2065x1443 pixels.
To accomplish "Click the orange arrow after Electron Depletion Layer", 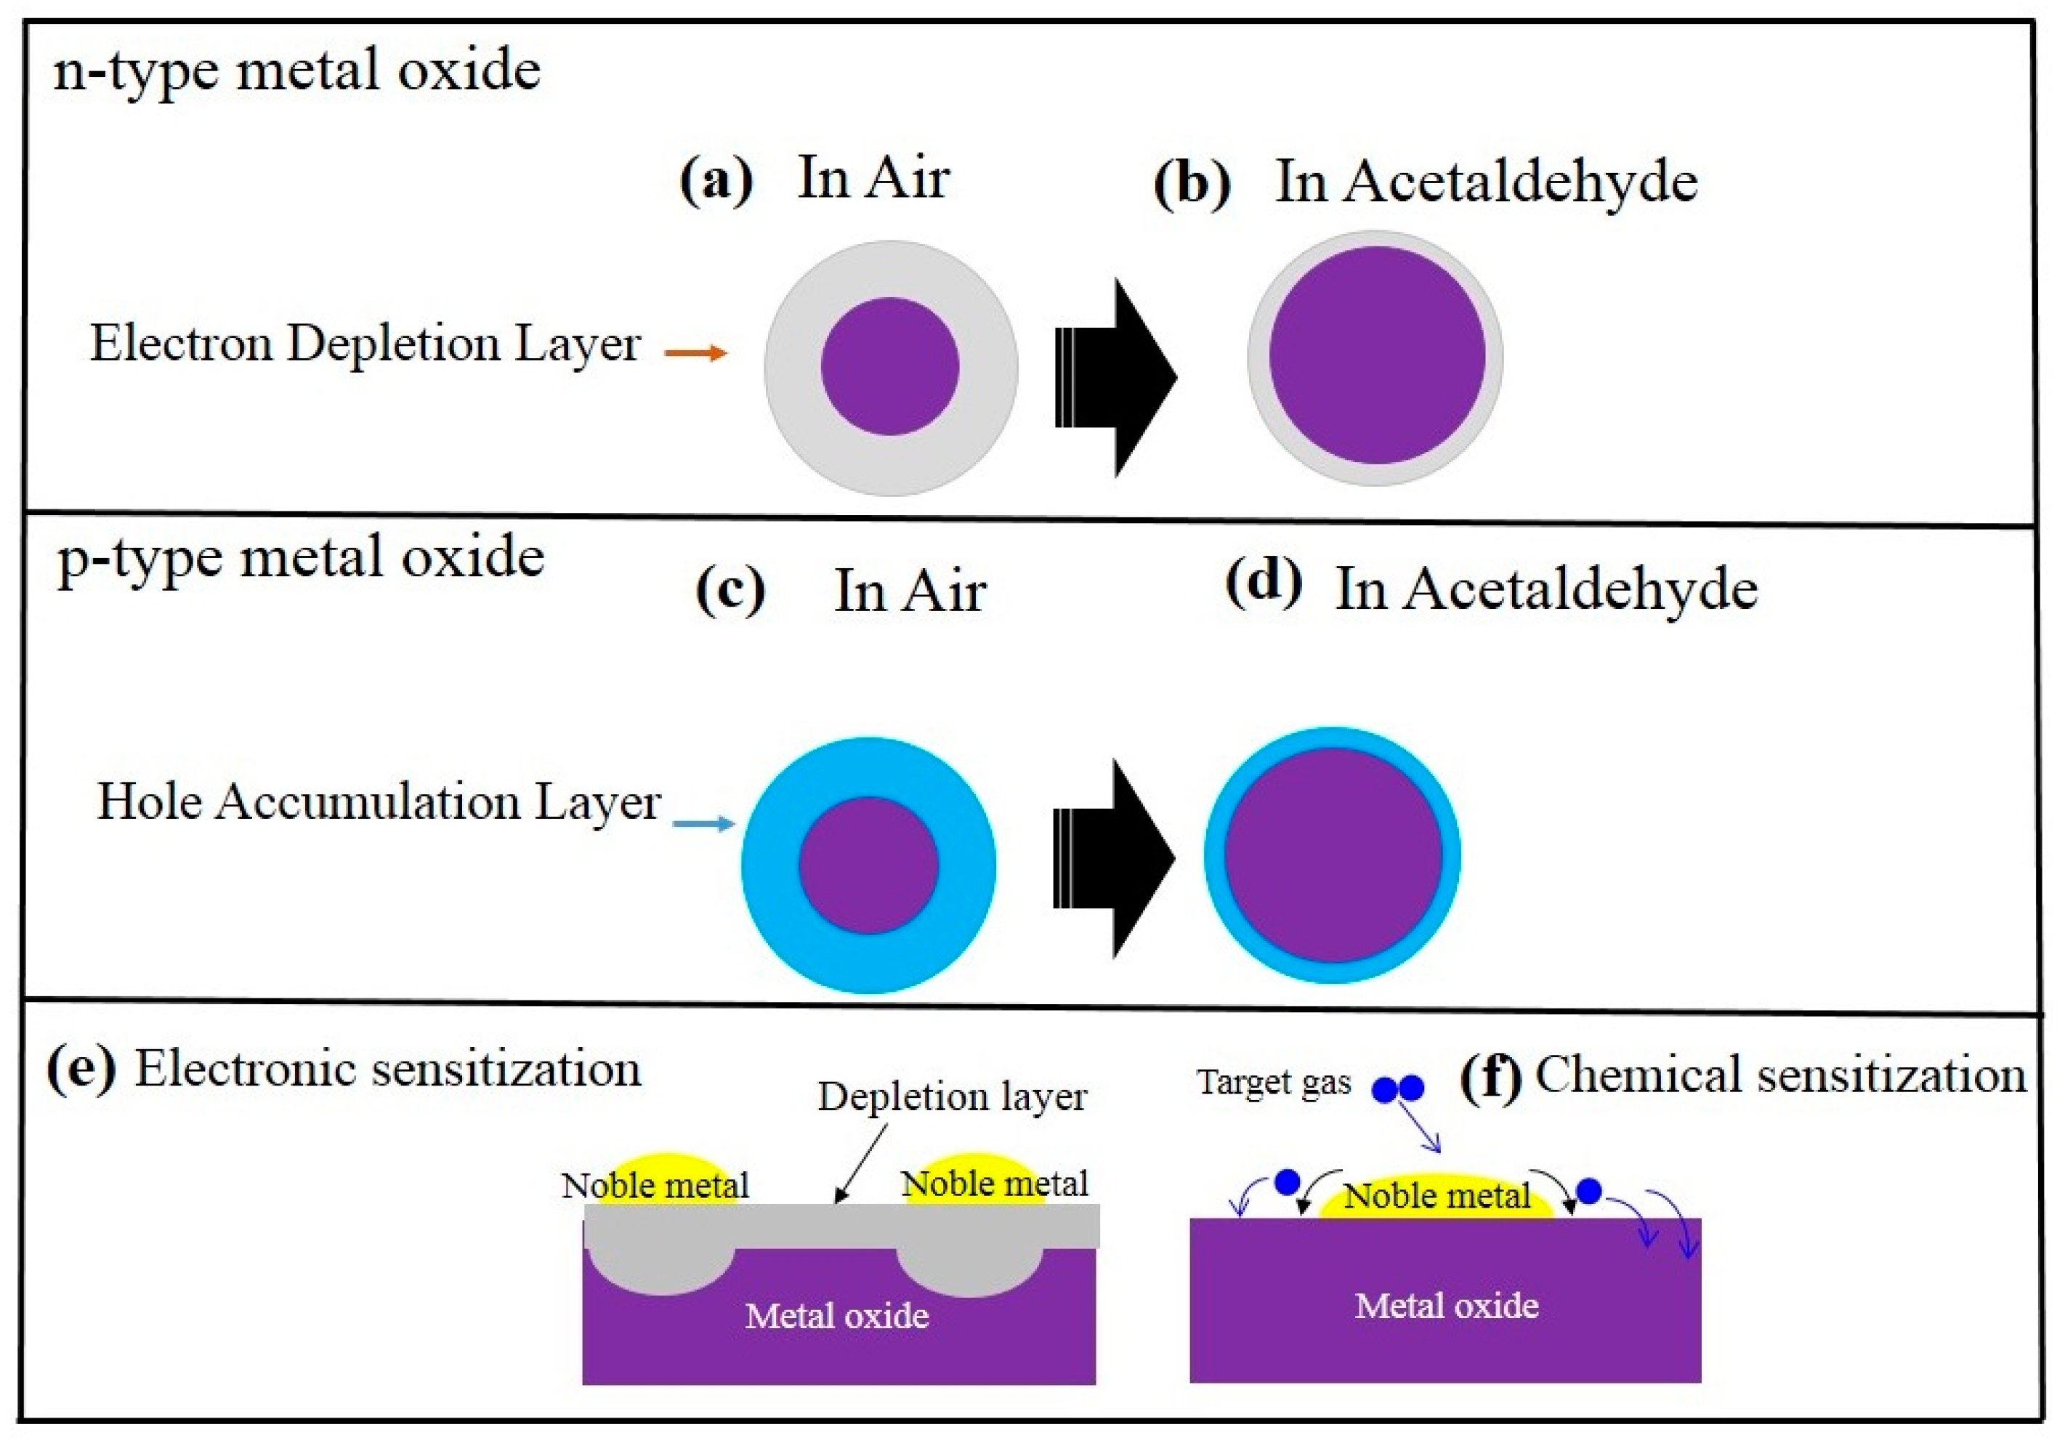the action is coord(696,352).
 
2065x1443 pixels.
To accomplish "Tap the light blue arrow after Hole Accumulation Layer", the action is coord(704,823).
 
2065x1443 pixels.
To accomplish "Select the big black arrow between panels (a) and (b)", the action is coord(1116,377).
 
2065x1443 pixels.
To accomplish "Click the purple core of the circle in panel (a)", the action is coord(890,366).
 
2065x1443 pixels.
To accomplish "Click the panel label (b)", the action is coord(1192,185).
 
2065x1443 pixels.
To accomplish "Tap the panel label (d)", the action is coord(1264,583).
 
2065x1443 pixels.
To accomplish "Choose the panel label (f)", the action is coord(1490,1076).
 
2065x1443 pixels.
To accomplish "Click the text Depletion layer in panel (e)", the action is coord(953,1096).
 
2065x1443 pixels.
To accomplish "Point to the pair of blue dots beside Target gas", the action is coord(1398,1088).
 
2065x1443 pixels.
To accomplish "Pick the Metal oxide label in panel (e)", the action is coord(837,1316).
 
